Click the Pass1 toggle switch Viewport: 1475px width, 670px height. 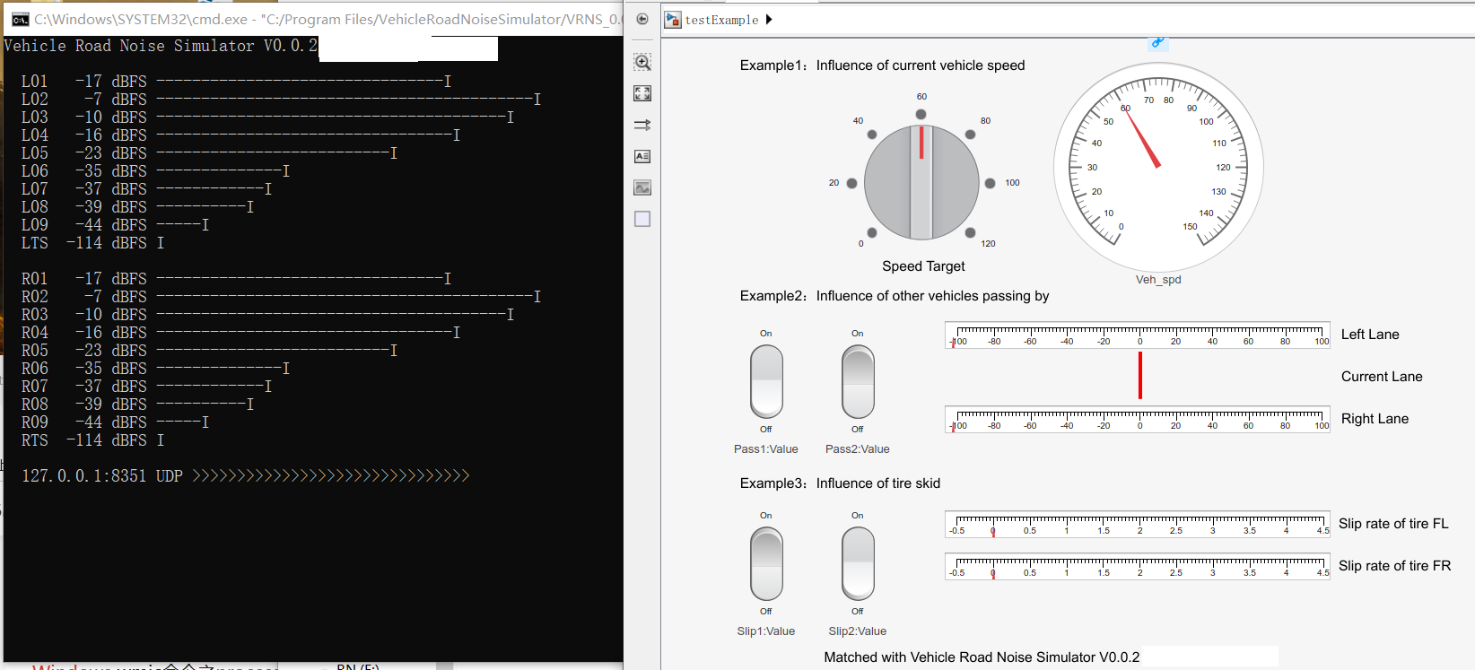pos(766,381)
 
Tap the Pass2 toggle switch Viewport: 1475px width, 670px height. pos(858,381)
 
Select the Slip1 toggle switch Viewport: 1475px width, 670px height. pos(766,563)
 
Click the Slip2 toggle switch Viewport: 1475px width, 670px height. pos(858,563)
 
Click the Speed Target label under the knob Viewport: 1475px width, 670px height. pos(923,266)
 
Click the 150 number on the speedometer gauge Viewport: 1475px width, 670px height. pos(1190,227)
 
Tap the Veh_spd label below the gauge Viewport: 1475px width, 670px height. pos(1158,280)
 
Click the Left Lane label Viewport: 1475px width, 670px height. pos(1370,335)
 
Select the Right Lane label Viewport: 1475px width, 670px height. pos(1375,419)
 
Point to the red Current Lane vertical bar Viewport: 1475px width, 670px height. pos(1140,375)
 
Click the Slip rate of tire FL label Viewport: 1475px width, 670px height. pos(1393,524)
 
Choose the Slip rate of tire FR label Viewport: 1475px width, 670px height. pos(1394,566)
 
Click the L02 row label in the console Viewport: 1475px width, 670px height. pos(35,100)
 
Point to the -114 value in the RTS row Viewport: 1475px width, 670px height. pos(84,440)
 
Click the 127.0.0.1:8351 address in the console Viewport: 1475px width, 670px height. pos(83,476)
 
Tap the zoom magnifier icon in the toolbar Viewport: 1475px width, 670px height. pos(642,62)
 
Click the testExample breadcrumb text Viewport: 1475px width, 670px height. pos(721,20)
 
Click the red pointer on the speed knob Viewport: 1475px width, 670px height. pos(921,143)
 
